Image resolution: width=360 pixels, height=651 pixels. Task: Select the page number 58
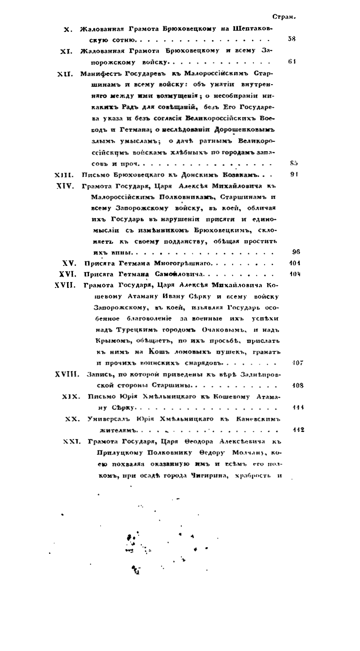click(291, 39)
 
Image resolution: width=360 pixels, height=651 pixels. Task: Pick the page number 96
click(296, 251)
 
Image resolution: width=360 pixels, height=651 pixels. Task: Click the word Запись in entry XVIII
click(101, 374)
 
